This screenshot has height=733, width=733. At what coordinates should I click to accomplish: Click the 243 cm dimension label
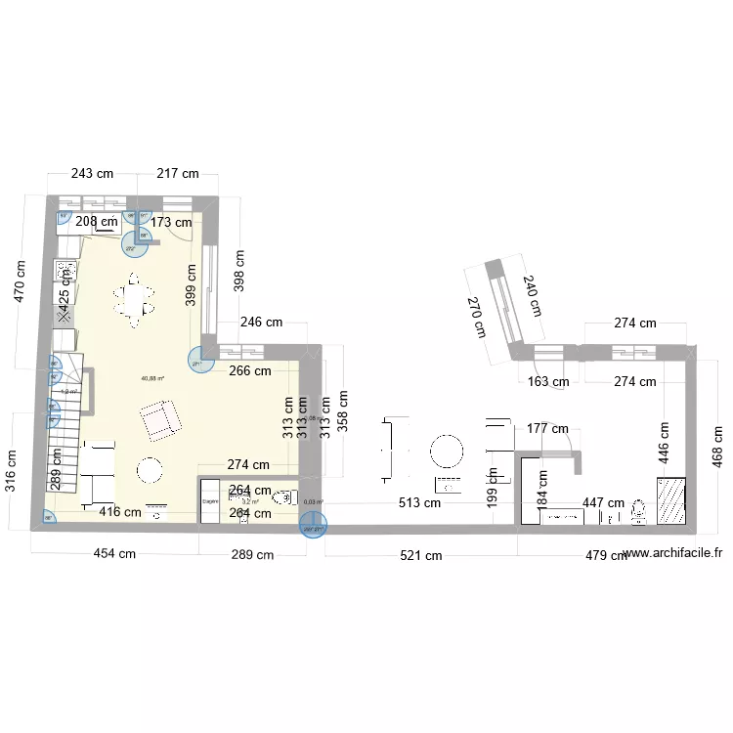[x=92, y=174]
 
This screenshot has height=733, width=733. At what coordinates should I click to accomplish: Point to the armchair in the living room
[x=161, y=418]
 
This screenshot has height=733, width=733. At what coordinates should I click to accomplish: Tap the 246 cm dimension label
[x=261, y=322]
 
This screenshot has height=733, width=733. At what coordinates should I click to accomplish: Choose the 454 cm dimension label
[x=114, y=554]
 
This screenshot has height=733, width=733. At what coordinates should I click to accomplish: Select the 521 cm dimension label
[x=420, y=556]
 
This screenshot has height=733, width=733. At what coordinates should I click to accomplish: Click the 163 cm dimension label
[x=548, y=382]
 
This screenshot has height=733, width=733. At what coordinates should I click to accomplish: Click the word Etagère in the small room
[x=210, y=501]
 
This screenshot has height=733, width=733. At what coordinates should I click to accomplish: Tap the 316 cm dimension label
[x=12, y=472]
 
